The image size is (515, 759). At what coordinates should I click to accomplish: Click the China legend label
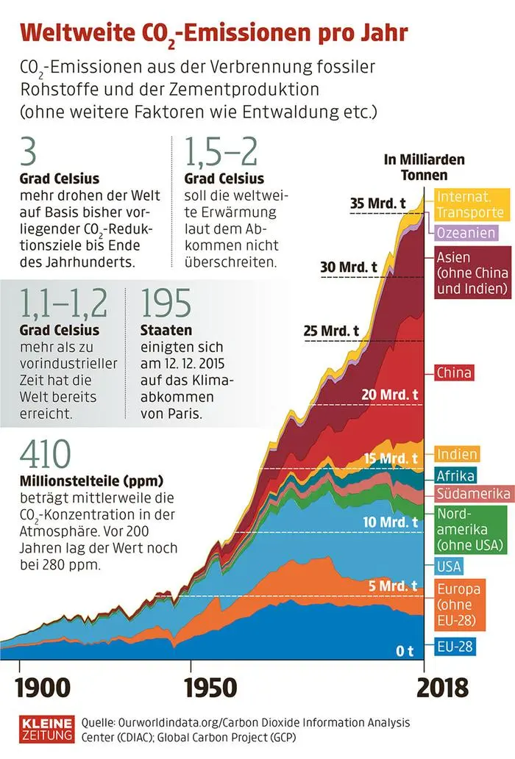tap(454, 373)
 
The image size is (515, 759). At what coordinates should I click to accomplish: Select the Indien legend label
tap(457, 454)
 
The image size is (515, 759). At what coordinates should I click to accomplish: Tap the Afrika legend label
tap(455, 475)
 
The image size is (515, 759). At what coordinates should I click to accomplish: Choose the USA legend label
tap(450, 566)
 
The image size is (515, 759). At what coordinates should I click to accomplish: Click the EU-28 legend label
tap(455, 647)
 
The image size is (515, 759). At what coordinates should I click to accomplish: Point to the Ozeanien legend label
tap(466, 232)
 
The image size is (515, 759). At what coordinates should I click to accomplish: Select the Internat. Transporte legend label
tap(471, 204)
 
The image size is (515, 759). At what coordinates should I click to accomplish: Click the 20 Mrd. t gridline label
tap(390, 394)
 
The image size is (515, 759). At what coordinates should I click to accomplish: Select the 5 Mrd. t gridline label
tap(394, 586)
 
